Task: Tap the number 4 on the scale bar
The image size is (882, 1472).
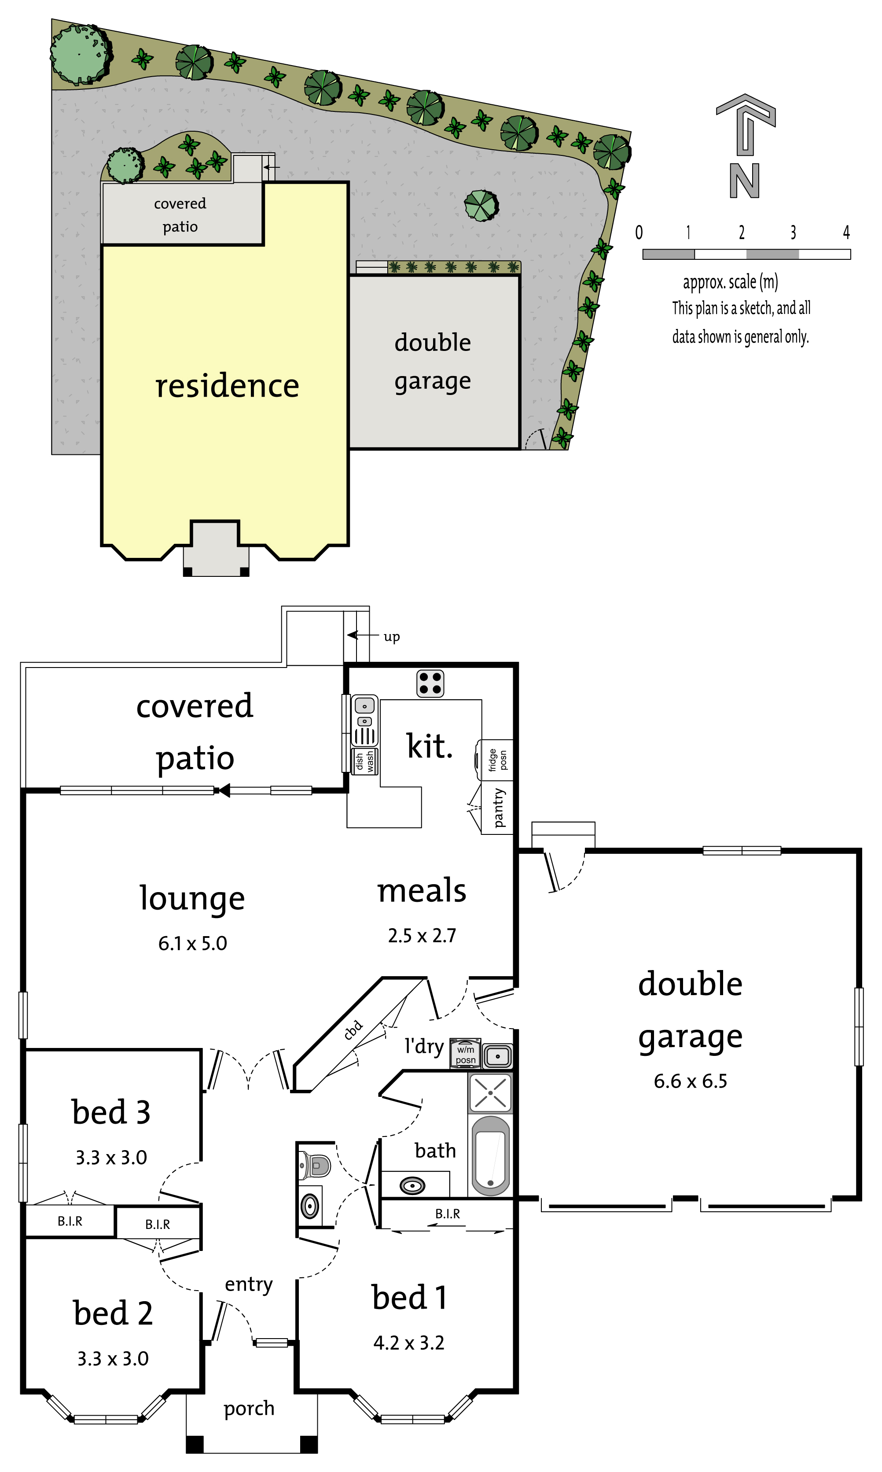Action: point(846,232)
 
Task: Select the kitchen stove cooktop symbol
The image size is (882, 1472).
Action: point(430,683)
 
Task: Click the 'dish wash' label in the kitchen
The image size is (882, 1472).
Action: point(364,761)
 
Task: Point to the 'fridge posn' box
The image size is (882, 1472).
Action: point(495,760)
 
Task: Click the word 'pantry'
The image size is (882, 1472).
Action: point(499,808)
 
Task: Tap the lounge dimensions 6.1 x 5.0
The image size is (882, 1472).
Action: point(193,944)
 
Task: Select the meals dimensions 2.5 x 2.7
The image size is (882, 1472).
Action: point(422,936)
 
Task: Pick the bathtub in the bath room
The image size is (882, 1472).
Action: point(490,1155)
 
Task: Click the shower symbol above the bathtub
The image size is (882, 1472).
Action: point(490,1093)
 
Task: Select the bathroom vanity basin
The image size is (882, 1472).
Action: point(412,1185)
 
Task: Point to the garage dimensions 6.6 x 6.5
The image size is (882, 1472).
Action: point(691,1081)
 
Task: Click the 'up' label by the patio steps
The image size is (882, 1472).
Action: point(392,637)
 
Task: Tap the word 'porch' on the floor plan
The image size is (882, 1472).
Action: point(249,1409)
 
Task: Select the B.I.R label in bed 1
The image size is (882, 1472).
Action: point(448,1214)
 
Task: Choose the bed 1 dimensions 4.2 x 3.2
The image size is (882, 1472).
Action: point(409,1343)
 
